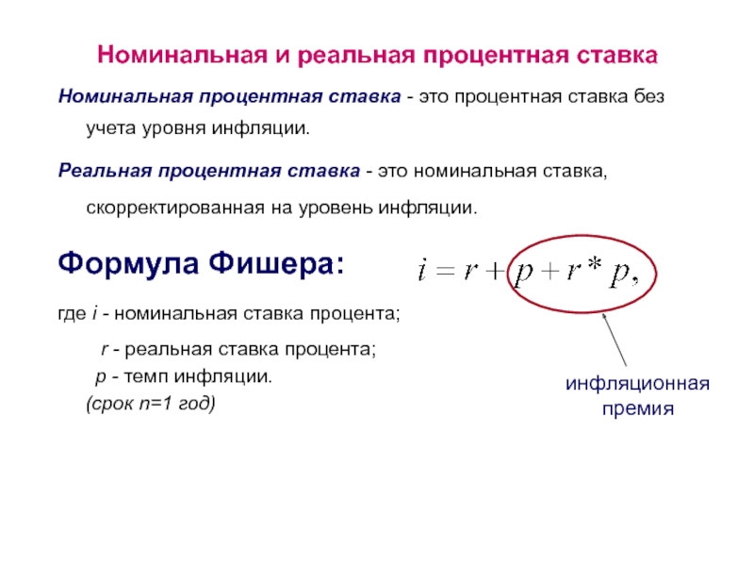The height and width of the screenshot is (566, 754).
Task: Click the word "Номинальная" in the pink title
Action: tap(182, 55)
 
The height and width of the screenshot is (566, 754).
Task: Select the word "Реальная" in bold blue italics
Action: tap(105, 171)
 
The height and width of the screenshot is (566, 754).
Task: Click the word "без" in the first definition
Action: tap(648, 96)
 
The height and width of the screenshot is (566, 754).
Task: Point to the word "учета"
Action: tap(111, 128)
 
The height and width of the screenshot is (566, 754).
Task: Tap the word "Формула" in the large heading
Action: tap(128, 264)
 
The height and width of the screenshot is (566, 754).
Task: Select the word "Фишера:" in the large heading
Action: tap(276, 264)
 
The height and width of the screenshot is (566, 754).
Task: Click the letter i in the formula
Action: tap(422, 270)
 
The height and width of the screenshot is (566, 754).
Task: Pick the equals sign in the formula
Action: tap(445, 271)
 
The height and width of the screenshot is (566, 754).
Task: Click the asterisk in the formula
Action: tap(595, 264)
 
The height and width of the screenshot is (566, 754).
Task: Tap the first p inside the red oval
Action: tap(524, 274)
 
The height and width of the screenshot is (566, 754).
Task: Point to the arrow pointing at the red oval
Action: tap(615, 340)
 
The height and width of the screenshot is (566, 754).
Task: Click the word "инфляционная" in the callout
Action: tap(637, 384)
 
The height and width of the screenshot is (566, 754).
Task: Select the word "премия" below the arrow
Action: tap(638, 409)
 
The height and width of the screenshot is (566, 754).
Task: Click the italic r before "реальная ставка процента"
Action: tap(105, 349)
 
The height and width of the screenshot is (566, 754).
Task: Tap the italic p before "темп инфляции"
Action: tap(101, 376)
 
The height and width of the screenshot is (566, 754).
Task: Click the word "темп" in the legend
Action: tap(146, 376)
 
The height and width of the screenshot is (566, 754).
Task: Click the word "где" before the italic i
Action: tap(72, 314)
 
